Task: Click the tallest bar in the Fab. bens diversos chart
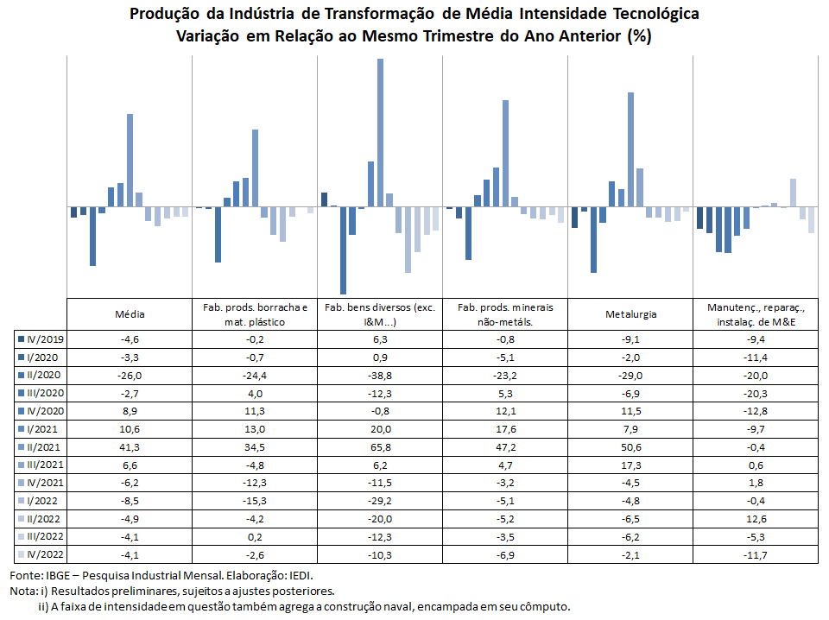click(380, 133)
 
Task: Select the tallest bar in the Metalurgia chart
click(630, 149)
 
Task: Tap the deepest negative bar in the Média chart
click(92, 237)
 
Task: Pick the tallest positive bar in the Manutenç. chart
click(793, 193)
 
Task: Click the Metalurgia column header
click(630, 314)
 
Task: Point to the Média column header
click(130, 314)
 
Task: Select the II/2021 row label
click(44, 447)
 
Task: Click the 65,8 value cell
click(380, 447)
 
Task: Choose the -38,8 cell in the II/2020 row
click(380, 376)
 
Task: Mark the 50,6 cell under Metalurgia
click(630, 447)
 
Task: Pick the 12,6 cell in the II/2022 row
click(756, 519)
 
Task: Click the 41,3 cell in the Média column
click(130, 447)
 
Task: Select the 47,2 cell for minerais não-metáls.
click(505, 447)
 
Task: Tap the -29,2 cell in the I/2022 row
click(380, 501)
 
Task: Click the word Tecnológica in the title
click(655, 14)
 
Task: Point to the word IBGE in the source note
click(58, 576)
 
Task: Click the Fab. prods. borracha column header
click(255, 314)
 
